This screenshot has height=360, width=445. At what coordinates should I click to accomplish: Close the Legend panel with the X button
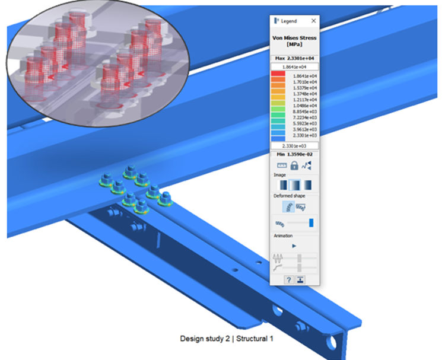click(313, 21)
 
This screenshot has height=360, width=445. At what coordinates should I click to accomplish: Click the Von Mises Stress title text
click(294, 38)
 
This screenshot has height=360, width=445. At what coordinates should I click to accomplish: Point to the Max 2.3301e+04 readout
click(294, 58)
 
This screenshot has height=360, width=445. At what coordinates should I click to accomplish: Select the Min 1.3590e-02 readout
click(294, 154)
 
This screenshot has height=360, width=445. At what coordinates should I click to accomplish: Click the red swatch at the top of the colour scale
click(278, 74)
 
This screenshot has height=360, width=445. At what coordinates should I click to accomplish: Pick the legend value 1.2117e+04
click(305, 100)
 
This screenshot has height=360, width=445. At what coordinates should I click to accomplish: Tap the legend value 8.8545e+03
click(305, 111)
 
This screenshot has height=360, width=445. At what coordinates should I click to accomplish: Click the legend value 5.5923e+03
click(305, 124)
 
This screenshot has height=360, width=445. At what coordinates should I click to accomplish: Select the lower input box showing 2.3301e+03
click(294, 146)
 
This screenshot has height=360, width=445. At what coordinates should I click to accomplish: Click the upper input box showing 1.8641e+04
click(294, 67)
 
